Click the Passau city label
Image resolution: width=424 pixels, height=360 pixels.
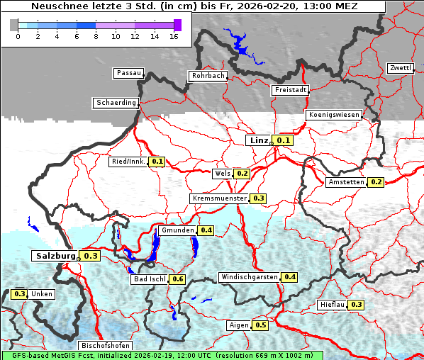point(128,73)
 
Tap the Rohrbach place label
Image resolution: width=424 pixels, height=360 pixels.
point(207,76)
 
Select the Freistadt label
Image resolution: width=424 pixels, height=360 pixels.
point(290,90)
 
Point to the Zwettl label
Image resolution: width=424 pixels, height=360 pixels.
point(400,68)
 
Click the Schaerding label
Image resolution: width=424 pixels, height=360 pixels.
point(116,103)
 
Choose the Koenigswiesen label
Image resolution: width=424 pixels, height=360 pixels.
point(334,115)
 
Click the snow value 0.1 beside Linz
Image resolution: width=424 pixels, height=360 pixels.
point(284,140)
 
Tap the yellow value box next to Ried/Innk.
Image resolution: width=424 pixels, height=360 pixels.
point(157,162)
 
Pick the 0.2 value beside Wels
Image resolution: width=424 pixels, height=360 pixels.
point(242,173)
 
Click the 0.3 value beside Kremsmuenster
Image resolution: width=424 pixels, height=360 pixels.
point(258,198)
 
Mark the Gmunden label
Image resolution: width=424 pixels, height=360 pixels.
point(177,230)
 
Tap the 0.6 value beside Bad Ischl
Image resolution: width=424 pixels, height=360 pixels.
point(178,279)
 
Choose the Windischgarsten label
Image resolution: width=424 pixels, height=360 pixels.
point(249,276)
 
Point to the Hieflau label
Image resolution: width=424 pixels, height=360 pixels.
point(333,305)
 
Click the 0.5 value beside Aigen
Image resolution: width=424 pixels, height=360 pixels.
point(260,325)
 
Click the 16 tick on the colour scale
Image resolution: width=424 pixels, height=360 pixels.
point(174,35)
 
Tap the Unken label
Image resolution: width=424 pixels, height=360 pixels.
point(42,293)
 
